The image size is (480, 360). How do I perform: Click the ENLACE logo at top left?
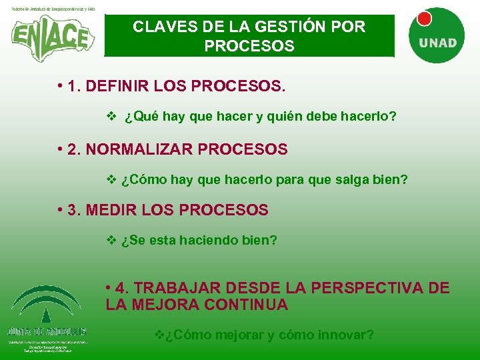(52, 37)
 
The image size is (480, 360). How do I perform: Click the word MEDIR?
(110, 210)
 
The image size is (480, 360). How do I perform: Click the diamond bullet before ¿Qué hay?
(111, 117)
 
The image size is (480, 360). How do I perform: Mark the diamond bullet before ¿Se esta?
(111, 240)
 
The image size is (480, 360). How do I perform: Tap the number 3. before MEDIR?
(75, 210)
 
